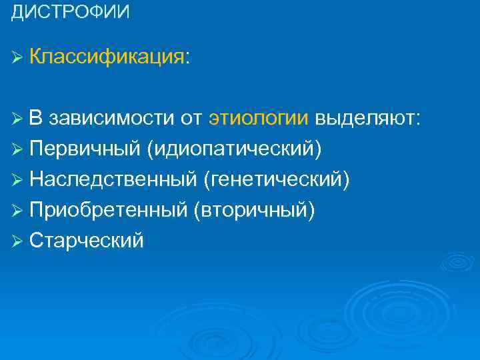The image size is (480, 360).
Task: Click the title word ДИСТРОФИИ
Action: [x=71, y=13]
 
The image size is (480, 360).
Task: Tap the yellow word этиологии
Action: [x=258, y=119]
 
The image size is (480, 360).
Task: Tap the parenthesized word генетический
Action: [x=276, y=179]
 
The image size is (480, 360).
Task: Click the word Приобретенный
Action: [x=107, y=209]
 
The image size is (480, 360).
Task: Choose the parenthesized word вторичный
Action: [x=254, y=209]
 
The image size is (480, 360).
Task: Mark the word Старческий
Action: [x=86, y=239]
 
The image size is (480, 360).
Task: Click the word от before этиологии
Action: [x=191, y=119]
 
